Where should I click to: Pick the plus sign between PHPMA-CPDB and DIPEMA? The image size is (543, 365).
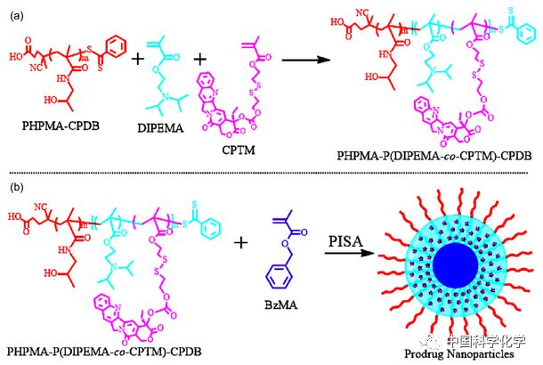click(x=138, y=61)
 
